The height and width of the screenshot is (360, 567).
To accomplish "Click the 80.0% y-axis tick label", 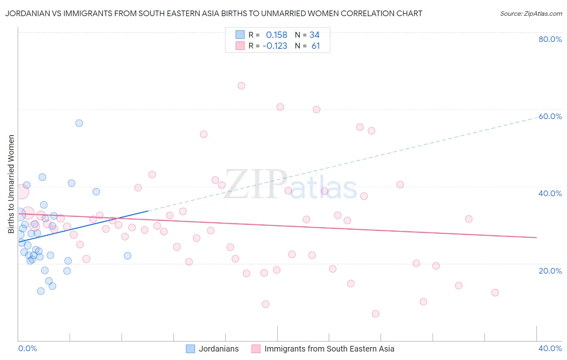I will (x=550, y=39).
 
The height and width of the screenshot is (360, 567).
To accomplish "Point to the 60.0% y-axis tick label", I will (x=550, y=116).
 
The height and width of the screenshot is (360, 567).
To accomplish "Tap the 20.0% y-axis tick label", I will (x=550, y=270).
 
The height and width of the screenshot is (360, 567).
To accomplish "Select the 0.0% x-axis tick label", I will (x=28, y=348).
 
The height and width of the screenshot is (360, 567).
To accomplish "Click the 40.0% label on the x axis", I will (x=550, y=348).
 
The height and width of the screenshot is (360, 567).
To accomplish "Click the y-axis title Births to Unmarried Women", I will (x=11, y=184).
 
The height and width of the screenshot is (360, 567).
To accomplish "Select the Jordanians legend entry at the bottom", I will (x=213, y=349).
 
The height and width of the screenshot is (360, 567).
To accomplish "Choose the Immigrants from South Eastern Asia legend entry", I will (x=323, y=349).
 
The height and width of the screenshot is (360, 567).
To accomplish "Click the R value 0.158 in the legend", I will (x=277, y=35).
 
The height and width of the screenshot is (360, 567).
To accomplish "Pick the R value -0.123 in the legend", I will (x=275, y=46).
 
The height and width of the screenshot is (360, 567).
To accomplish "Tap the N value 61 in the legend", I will (x=316, y=46).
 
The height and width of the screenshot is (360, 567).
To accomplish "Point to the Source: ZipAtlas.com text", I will (x=531, y=14).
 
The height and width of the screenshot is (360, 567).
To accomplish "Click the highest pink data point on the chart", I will (x=242, y=86).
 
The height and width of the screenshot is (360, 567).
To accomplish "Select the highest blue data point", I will (x=79, y=123).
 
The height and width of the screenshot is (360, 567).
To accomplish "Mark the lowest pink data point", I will (x=375, y=314).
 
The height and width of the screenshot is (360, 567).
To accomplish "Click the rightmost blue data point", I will (x=127, y=255).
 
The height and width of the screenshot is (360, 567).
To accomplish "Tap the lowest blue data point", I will (x=41, y=291).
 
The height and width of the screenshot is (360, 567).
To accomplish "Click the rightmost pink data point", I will (x=495, y=293).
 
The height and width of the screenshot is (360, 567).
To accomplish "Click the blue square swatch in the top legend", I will (x=240, y=35).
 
